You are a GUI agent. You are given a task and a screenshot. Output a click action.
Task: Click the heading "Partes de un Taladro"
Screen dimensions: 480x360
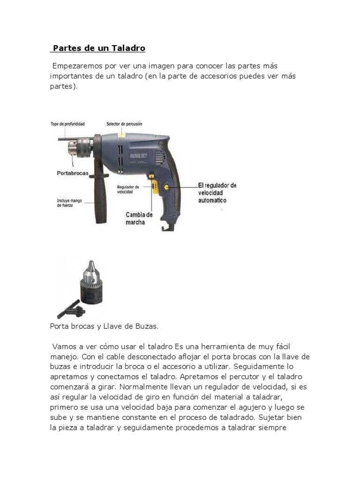click(x=99, y=48)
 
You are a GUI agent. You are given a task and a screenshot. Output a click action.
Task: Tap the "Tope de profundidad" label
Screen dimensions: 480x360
click(x=67, y=124)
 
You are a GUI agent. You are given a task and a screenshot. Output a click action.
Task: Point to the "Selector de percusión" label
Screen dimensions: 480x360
click(x=124, y=124)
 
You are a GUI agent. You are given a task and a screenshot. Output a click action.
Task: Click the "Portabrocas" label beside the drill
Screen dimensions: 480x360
click(x=73, y=173)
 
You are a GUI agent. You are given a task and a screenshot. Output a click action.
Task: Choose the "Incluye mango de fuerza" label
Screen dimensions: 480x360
click(x=69, y=202)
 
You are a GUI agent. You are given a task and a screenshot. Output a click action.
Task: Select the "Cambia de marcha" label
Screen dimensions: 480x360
click(x=139, y=218)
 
